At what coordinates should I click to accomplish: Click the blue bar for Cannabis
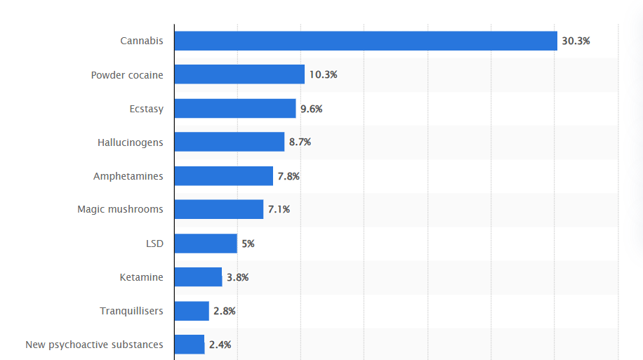pos(366,41)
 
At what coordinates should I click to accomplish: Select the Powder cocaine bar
pos(239,74)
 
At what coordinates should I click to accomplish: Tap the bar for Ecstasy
pos(235,108)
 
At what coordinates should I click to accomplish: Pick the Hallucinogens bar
pos(230,142)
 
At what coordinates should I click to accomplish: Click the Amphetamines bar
pos(224,176)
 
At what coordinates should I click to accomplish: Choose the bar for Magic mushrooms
pos(219,209)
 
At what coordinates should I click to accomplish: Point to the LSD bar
pos(206,244)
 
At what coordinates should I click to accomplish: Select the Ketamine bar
pos(198,276)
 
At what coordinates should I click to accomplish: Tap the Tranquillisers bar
pos(192,311)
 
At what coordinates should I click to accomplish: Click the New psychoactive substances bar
pos(190,345)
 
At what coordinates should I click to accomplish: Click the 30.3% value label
pos(576,41)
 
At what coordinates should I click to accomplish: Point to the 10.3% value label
pos(323,74)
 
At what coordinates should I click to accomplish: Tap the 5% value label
pos(248,244)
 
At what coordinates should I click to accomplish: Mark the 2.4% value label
pos(220,345)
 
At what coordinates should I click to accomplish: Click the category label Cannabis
pos(141,41)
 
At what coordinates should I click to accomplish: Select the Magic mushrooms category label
pos(120,209)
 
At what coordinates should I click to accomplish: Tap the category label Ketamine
pos(141,277)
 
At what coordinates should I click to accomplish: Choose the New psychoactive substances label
pos(94,345)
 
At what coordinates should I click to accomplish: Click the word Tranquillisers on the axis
pos(131,311)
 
